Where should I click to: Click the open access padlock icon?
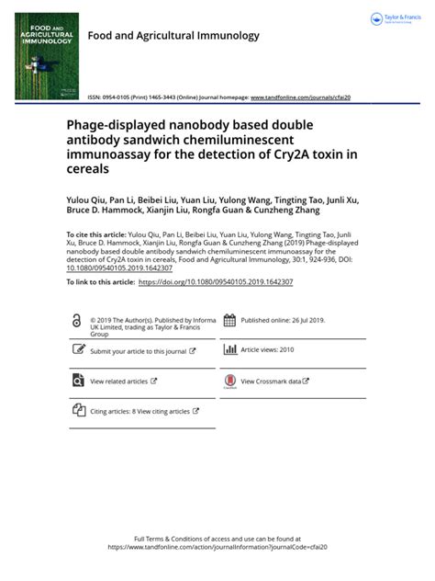point(75,321)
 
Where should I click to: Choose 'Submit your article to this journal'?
point(139,351)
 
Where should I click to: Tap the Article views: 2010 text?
point(267,350)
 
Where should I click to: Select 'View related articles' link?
point(118,381)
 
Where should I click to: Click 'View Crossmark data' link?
point(271,381)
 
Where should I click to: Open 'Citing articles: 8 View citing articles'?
point(139,411)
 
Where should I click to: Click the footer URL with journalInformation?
point(217,547)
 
